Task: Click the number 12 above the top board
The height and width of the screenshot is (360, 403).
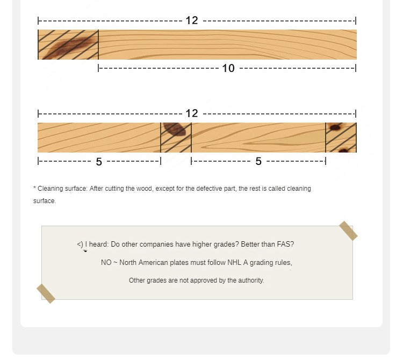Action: [x=192, y=20]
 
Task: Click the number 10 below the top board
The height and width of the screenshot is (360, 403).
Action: [x=228, y=68]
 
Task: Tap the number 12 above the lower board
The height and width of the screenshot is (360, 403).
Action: [x=192, y=113]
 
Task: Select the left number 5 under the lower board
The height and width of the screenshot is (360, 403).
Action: [x=99, y=162]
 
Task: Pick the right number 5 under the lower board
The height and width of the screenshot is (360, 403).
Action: [x=258, y=161]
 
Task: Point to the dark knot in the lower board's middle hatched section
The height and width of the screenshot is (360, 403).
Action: [x=175, y=129]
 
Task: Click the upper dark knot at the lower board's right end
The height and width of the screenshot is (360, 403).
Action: [x=335, y=127]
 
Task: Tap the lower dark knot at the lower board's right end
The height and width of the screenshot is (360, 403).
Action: [x=344, y=150]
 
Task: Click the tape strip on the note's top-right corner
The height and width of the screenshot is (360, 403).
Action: [x=348, y=231]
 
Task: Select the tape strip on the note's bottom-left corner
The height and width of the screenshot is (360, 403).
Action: [x=46, y=294]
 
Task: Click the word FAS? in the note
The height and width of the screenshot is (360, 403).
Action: [x=285, y=244]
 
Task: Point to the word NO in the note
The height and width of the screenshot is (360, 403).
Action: [x=106, y=263]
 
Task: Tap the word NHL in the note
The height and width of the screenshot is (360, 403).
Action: [x=234, y=263]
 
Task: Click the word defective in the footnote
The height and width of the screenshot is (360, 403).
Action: [x=207, y=189]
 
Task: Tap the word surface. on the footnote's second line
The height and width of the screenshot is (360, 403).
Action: [x=45, y=201]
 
